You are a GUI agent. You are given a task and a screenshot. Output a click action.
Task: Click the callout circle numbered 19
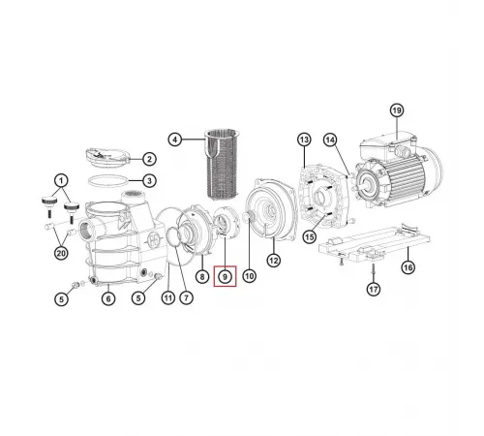click(396, 110)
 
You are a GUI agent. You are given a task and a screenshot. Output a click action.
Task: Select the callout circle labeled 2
click(149, 159)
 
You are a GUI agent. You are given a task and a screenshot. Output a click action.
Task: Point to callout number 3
click(149, 181)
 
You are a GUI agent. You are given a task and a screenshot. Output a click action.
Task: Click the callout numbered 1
click(62, 180)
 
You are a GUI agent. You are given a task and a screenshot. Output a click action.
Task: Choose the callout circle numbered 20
click(62, 254)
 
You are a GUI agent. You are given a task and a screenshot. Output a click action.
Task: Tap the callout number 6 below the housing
click(108, 298)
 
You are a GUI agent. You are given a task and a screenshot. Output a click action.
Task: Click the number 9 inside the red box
click(225, 277)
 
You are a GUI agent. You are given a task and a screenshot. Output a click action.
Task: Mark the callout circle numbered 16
click(407, 265)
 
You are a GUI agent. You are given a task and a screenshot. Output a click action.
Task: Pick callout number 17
click(373, 289)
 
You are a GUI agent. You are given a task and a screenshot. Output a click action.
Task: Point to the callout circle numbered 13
click(303, 141)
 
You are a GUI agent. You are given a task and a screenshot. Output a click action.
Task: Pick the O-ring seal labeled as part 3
click(106, 180)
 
